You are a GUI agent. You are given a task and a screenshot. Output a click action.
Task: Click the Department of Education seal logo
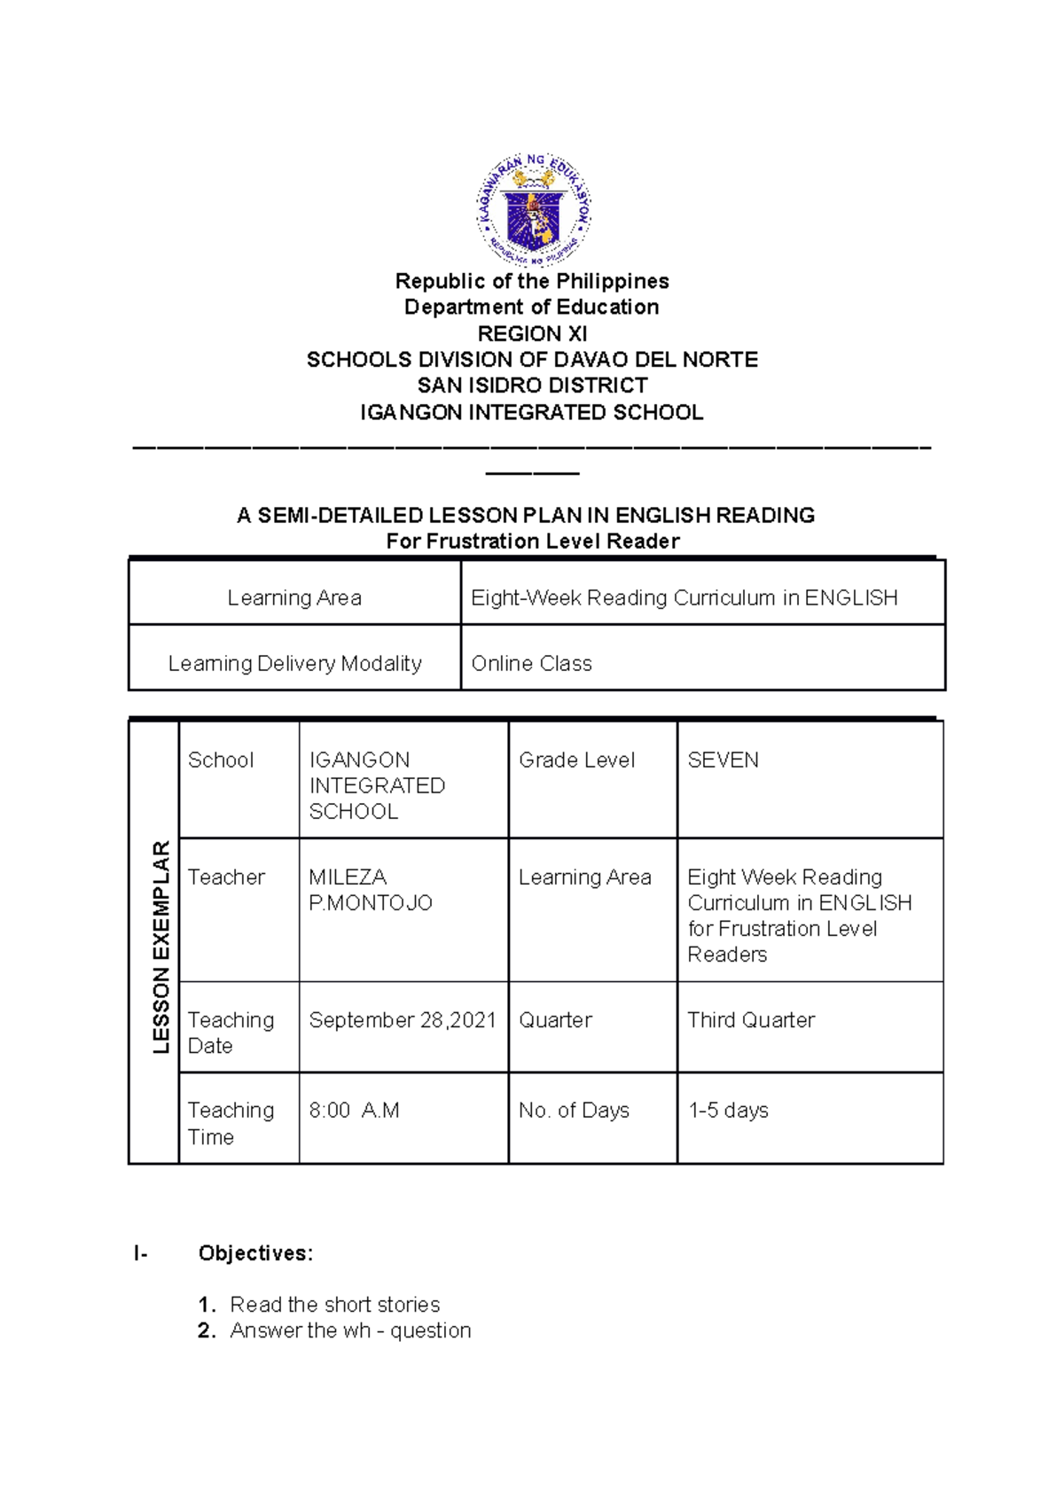click(x=533, y=209)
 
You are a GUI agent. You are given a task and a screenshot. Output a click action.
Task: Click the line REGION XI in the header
click(x=532, y=334)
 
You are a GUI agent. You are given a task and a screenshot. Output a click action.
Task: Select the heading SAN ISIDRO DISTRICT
click(x=532, y=386)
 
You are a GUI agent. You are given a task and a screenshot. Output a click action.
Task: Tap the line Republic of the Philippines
click(x=532, y=282)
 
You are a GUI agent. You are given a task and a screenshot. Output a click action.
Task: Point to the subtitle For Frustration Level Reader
click(x=532, y=542)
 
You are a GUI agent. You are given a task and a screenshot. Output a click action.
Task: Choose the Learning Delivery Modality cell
click(x=294, y=664)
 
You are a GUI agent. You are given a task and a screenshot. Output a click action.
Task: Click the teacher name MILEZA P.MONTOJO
click(x=370, y=890)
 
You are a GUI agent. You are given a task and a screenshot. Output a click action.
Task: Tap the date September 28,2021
click(x=402, y=1020)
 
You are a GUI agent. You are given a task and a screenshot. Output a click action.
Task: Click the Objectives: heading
click(x=255, y=1253)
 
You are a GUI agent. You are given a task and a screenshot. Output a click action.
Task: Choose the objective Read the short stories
click(x=334, y=1305)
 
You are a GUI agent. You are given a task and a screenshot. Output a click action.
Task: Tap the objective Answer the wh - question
click(x=350, y=1330)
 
